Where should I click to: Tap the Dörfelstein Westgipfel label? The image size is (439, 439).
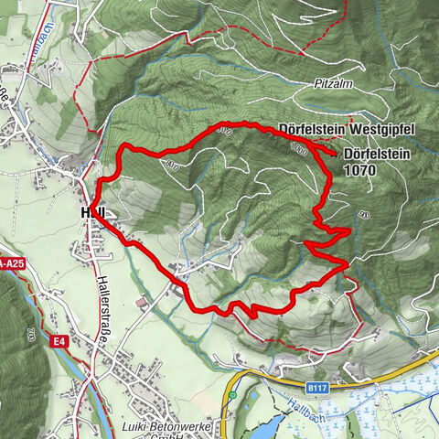click(x=337, y=129)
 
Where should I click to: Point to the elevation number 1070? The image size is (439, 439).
click(x=360, y=170)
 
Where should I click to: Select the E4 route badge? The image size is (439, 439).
click(x=59, y=341)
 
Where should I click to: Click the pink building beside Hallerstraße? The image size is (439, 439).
click(x=138, y=302)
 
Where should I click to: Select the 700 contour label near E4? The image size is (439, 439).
click(x=30, y=335)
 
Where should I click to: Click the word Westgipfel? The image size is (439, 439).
click(x=369, y=129)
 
